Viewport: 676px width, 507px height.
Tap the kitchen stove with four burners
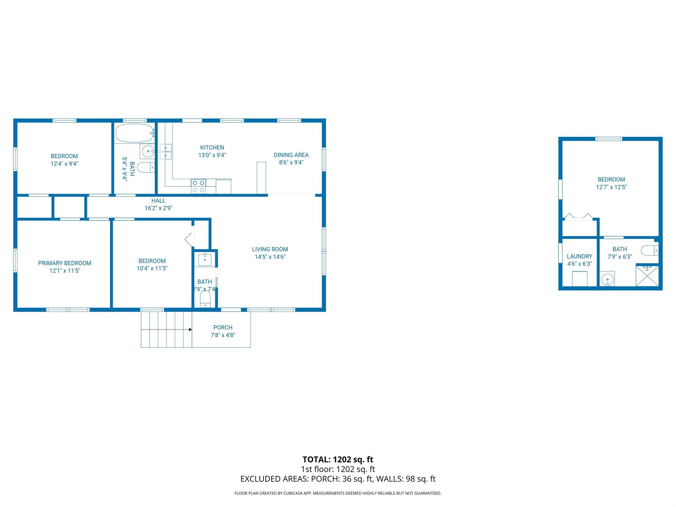[x=198, y=186]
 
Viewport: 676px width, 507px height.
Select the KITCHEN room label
[x=212, y=148]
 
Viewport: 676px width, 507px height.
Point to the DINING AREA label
[x=291, y=155]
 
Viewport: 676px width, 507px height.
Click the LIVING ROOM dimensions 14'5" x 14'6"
[x=270, y=257]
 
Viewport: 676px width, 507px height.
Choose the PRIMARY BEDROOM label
[x=65, y=263]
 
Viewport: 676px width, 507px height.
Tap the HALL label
[x=158, y=200]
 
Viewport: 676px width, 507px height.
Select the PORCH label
[x=223, y=327]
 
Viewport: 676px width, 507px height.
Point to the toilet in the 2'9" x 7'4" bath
[x=205, y=300]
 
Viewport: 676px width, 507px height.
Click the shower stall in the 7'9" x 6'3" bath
[x=647, y=276]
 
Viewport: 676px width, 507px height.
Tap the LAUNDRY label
[x=579, y=256]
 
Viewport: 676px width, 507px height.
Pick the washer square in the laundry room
[x=580, y=279]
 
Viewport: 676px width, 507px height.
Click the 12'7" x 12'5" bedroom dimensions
[x=611, y=187]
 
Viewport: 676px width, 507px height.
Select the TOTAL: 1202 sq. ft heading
[x=338, y=459]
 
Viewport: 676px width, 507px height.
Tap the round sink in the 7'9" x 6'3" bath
[x=607, y=280]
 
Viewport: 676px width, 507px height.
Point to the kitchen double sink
[x=165, y=152]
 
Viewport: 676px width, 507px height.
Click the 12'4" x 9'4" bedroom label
[x=64, y=156]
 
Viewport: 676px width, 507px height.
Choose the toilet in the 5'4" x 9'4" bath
[x=146, y=168]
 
